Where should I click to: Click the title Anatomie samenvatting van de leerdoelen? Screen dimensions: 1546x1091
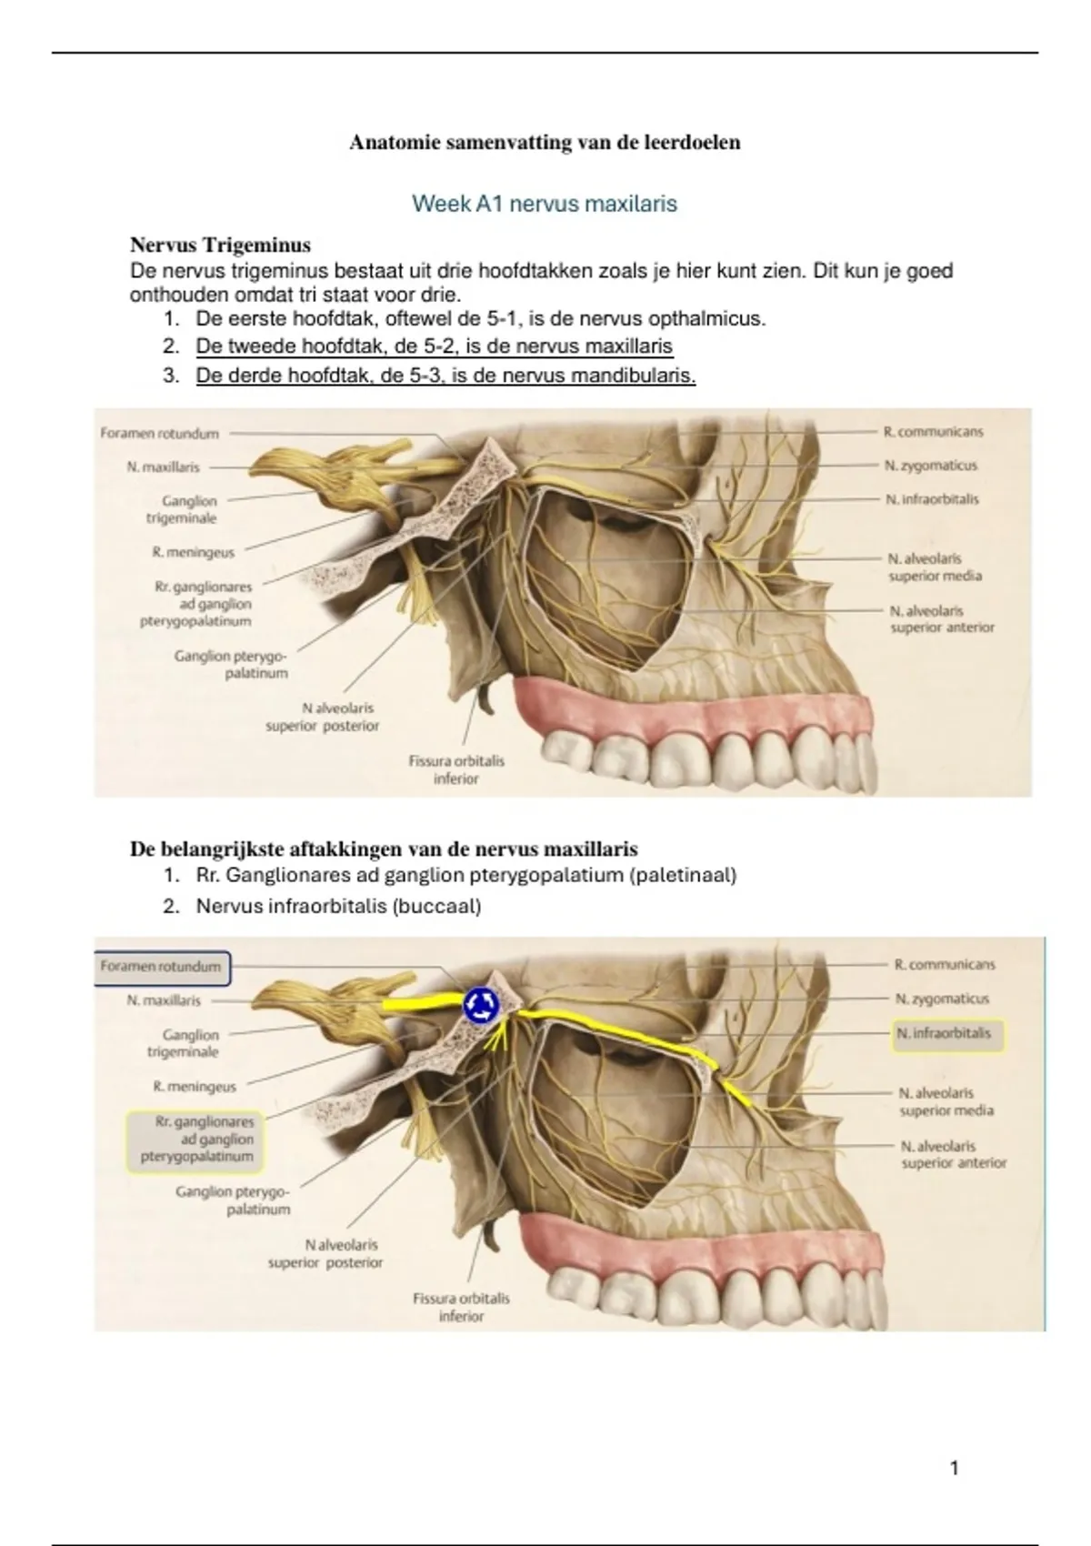pyautogui.click(x=545, y=143)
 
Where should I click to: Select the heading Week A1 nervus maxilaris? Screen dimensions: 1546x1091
pyautogui.click(x=545, y=204)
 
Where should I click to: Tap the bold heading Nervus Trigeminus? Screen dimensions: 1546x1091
pyautogui.click(x=220, y=246)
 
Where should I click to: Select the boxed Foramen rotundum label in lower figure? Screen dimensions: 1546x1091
pyautogui.click(x=162, y=968)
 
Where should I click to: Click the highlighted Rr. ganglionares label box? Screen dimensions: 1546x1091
pyautogui.click(x=192, y=1139)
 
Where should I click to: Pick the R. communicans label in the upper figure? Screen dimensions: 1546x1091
pyautogui.click(x=933, y=432)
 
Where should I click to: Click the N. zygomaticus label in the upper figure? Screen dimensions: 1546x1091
pyautogui.click(x=931, y=466)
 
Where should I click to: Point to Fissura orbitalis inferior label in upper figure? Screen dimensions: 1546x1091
pyautogui.click(x=456, y=769)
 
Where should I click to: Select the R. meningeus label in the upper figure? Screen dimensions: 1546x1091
pyautogui.click(x=194, y=552)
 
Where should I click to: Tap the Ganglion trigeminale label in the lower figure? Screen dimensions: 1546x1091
pyautogui.click(x=190, y=1043)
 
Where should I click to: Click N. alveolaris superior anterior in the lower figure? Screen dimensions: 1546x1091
pyautogui.click(x=953, y=1155)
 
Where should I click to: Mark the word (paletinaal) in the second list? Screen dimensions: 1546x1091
pyautogui.click(x=682, y=876)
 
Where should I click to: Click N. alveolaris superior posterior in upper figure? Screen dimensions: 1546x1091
pyautogui.click(x=322, y=717)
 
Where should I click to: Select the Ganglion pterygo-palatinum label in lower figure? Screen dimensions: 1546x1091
pyautogui.click(x=234, y=1200)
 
